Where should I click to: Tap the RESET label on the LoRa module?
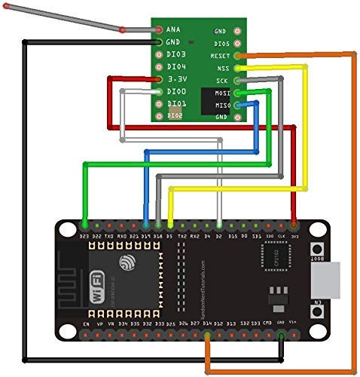pyautogui.click(x=220, y=56)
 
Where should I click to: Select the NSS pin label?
pyautogui.click(x=222, y=68)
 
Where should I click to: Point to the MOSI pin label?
pyautogui.click(x=222, y=93)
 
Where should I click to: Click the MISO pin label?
pyautogui.click(x=222, y=105)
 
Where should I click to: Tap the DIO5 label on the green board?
pyautogui.click(x=221, y=44)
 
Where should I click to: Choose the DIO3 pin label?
pyautogui.click(x=176, y=55)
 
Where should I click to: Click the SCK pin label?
pyautogui.click(x=222, y=80)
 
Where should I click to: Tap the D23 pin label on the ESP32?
pyautogui.click(x=84, y=235)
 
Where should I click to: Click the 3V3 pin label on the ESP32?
pyautogui.click(x=294, y=235)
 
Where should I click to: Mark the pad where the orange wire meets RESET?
pyautogui.click(x=238, y=56)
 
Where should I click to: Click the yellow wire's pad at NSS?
pyautogui.click(x=238, y=68)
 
